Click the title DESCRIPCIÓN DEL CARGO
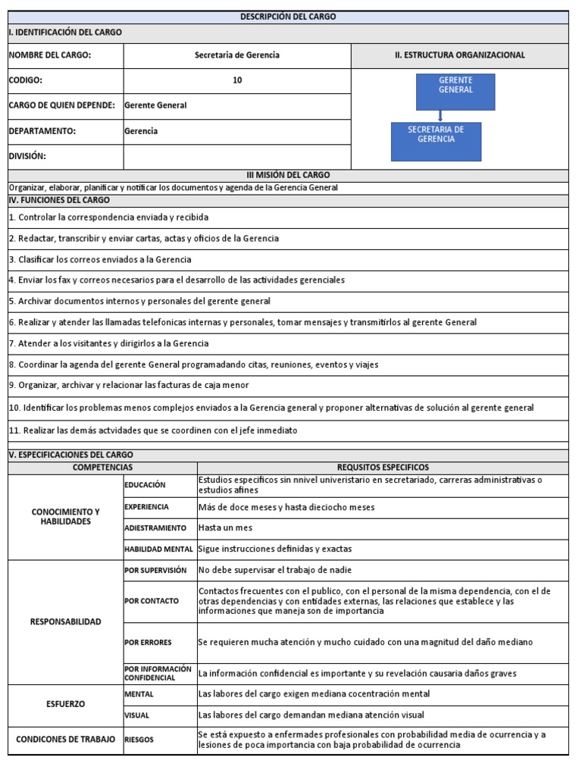[x=287, y=17]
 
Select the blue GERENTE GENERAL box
[x=455, y=92]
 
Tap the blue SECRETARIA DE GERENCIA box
[x=436, y=141]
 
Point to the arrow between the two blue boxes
[x=440, y=116]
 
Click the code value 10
[x=237, y=80]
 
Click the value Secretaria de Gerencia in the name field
[x=237, y=55]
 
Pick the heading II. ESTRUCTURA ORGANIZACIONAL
[x=459, y=55]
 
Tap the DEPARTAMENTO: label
[x=42, y=131]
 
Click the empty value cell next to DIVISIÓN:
[x=237, y=156]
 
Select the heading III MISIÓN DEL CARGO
[x=287, y=175]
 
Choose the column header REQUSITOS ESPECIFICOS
[x=383, y=468]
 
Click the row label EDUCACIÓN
[x=145, y=485]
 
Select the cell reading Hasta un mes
[x=226, y=527]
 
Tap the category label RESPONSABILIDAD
[x=65, y=621]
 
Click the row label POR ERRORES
[x=149, y=643]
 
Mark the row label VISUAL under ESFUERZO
[x=136, y=715]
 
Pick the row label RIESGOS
[x=139, y=740]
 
